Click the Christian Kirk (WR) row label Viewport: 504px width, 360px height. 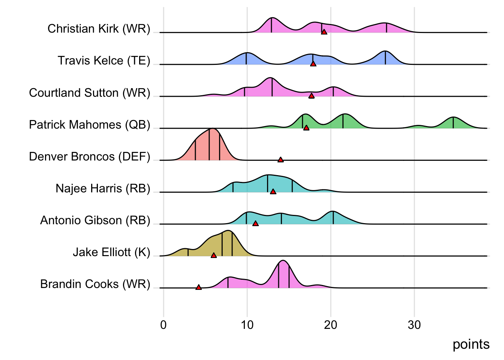click(x=99, y=29)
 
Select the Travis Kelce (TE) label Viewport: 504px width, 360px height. click(x=104, y=61)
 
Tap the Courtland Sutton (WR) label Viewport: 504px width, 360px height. click(x=90, y=93)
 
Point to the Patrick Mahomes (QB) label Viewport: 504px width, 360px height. click(x=90, y=124)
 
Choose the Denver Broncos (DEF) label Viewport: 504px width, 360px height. click(x=90, y=156)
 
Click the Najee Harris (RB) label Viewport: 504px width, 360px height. click(x=103, y=188)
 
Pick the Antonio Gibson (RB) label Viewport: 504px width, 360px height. click(x=95, y=220)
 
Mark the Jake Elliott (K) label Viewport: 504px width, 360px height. click(x=111, y=252)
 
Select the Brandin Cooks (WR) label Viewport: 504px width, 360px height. click(x=95, y=284)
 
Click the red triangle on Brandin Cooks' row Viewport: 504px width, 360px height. click(x=199, y=287)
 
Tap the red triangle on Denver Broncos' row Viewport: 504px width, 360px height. click(x=280, y=160)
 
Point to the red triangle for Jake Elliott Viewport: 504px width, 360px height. click(x=214, y=255)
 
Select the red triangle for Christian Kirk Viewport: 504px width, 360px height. click(x=324, y=32)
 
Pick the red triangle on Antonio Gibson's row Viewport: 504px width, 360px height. click(x=255, y=223)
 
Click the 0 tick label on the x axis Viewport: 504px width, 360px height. click(x=163, y=325)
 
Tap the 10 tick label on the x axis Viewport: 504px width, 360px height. click(x=247, y=325)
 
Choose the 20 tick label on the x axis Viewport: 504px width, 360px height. click(x=331, y=325)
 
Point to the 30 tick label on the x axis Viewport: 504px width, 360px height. click(x=414, y=325)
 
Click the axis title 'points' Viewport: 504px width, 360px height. click(x=471, y=345)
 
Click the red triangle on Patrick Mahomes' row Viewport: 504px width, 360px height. click(x=306, y=128)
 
